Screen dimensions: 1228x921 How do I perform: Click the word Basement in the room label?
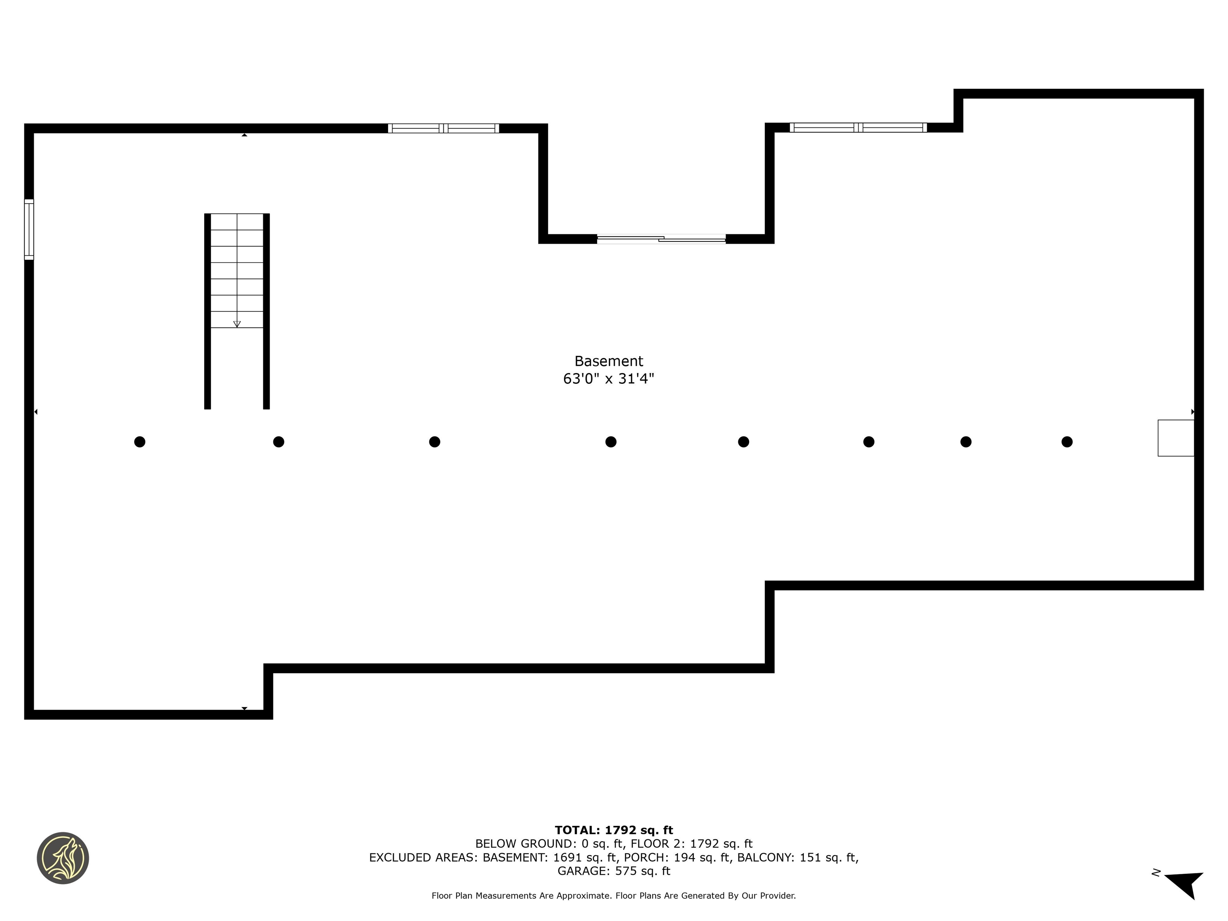tap(608, 361)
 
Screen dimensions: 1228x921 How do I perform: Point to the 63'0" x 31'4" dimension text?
tap(608, 379)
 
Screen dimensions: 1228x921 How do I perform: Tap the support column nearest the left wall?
tap(140, 442)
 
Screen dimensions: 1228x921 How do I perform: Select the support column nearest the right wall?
tap(1067, 442)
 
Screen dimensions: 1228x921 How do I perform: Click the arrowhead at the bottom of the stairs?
tap(237, 324)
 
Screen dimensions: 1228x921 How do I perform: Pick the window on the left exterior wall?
tap(29, 229)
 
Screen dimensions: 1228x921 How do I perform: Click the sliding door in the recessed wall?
tap(661, 239)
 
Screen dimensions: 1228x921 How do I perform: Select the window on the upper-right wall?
tap(858, 128)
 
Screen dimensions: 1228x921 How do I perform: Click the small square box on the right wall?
tap(1176, 438)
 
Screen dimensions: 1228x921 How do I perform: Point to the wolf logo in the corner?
tap(63, 858)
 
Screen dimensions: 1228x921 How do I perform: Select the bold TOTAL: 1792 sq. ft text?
tap(614, 830)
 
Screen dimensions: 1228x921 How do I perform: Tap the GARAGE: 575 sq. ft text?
tap(614, 871)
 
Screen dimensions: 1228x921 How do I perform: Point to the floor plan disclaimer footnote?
tap(614, 895)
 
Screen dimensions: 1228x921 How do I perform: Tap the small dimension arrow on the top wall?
tap(244, 135)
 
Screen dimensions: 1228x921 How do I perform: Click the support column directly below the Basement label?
tap(611, 442)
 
